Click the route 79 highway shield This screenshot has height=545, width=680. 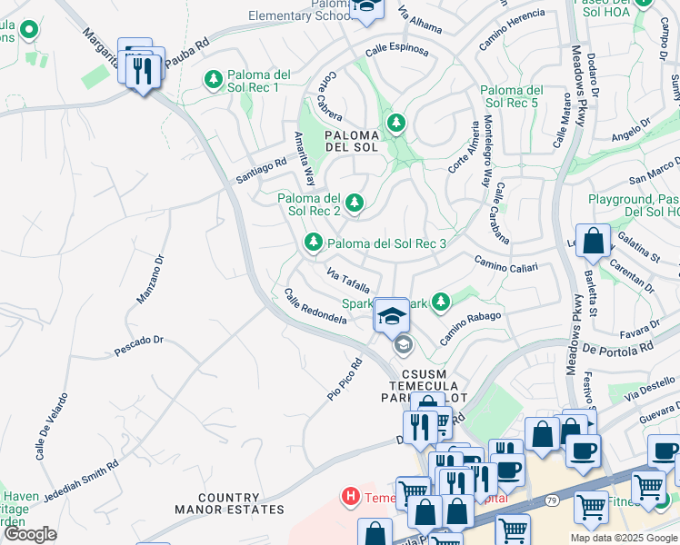(551, 500)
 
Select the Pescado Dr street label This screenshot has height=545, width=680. (138, 345)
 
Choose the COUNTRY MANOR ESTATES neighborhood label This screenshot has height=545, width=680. (229, 504)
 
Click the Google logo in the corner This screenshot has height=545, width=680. (30, 534)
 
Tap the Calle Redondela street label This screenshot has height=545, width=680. (315, 307)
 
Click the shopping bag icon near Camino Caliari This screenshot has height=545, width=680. (593, 243)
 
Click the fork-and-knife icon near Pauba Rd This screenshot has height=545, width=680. (143, 73)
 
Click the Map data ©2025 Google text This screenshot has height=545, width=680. (623, 538)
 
